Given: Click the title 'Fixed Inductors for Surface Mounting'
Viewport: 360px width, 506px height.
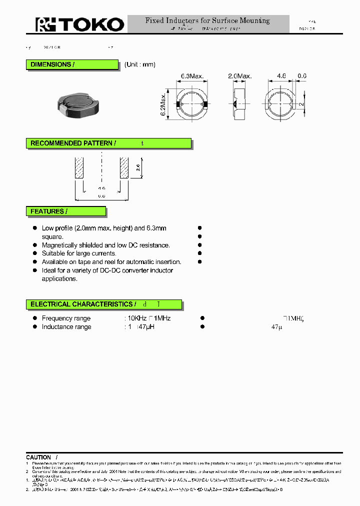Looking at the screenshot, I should (207, 20).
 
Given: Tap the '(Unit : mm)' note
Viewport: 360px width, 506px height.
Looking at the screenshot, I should (140, 64).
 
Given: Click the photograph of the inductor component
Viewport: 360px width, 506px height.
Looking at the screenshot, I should (79, 103).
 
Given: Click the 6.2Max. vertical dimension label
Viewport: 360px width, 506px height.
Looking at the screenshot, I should (163, 104).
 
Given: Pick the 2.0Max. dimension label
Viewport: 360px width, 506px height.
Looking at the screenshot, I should (239, 76).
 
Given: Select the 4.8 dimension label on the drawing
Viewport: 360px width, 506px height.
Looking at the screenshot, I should (281, 76).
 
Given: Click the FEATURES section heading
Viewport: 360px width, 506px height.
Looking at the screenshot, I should (47, 211).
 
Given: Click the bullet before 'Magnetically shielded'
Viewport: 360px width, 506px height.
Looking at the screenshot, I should (35, 245).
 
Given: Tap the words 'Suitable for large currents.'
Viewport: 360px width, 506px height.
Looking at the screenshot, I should (79, 253).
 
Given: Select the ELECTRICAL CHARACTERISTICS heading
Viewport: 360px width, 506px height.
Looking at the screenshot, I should (81, 304).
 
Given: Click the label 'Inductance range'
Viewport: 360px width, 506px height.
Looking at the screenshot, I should (66, 327).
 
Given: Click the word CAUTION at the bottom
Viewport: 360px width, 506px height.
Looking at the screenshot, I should (38, 457).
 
